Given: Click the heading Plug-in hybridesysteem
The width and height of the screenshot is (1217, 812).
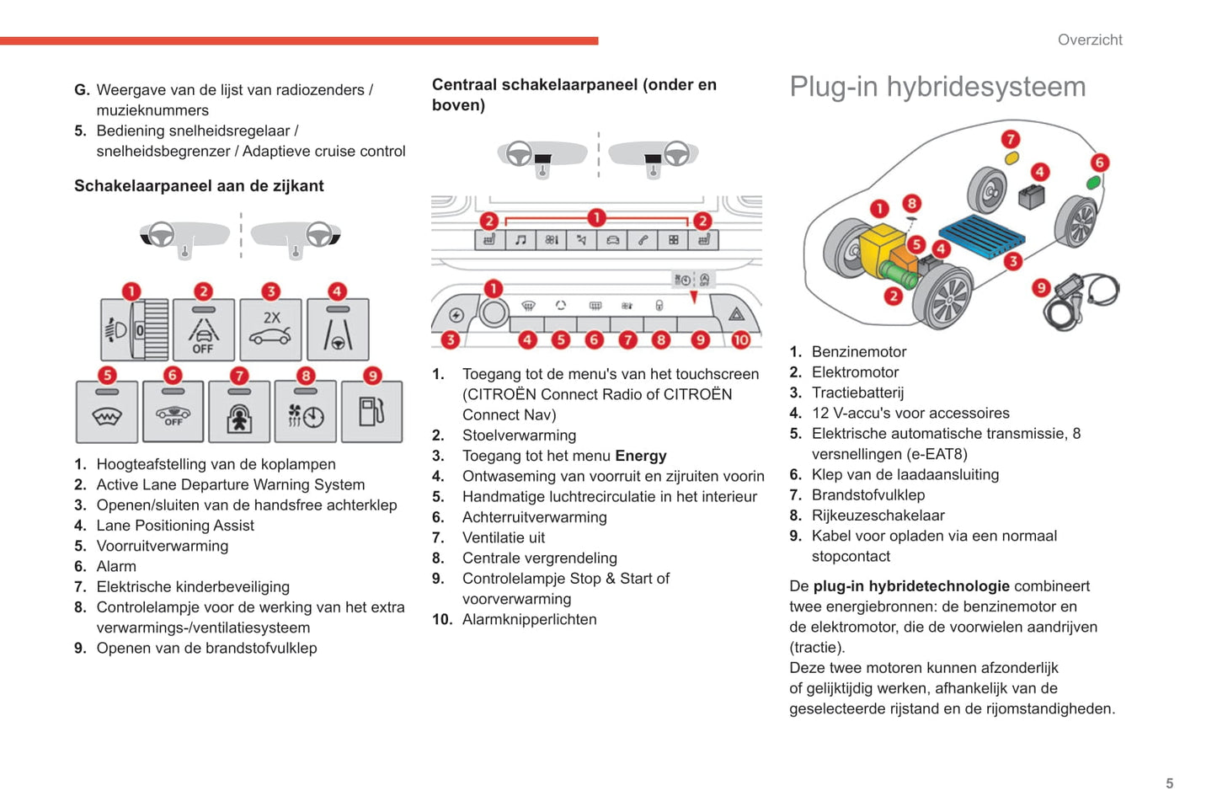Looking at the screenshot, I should click(937, 87).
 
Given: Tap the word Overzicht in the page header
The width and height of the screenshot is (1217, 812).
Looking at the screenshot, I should click(1090, 40).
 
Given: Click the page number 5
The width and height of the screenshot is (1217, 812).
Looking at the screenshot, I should click(1169, 783).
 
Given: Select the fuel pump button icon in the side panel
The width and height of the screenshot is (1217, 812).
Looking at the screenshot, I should click(371, 412).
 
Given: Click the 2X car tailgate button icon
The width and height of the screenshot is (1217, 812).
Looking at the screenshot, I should click(270, 329).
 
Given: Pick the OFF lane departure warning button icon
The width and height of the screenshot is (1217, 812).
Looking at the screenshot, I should click(203, 329).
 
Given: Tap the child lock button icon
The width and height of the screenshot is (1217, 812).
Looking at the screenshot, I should click(239, 412).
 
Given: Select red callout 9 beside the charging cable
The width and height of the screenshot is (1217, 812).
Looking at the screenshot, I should click(1041, 288).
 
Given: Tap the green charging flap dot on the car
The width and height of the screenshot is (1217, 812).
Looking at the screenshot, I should click(1093, 182).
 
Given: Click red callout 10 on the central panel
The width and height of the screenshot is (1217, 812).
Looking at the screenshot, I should click(740, 339).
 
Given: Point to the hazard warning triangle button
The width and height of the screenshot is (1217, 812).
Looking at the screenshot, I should click(737, 314).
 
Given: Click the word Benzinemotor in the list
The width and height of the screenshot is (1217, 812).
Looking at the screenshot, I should click(859, 352).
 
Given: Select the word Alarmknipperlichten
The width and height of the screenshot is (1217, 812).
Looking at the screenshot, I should click(529, 620).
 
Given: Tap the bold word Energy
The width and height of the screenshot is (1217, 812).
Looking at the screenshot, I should click(640, 456).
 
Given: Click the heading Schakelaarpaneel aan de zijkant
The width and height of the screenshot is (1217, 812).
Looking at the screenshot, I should click(199, 186).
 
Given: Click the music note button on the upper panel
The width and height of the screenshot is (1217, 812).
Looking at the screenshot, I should click(520, 240).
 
